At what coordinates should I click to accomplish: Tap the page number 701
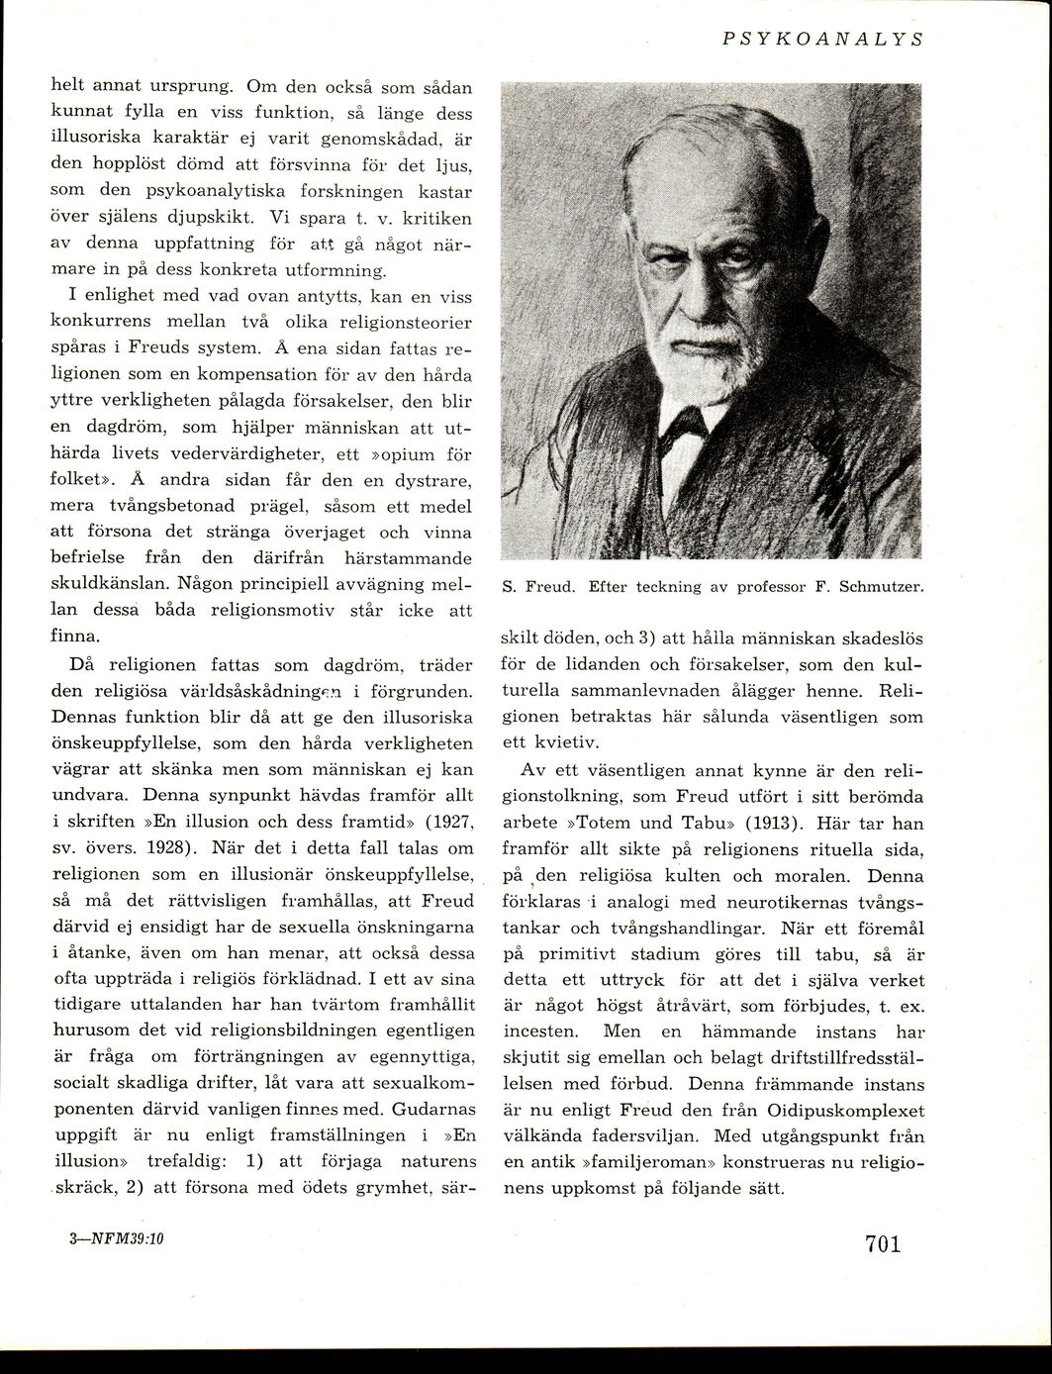(882, 1243)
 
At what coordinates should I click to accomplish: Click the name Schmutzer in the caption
(881, 587)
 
